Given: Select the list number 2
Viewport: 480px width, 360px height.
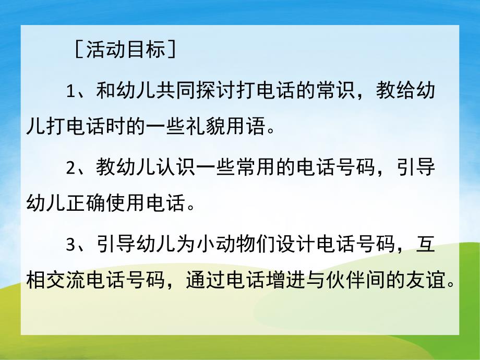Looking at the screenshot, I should tap(71, 169).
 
